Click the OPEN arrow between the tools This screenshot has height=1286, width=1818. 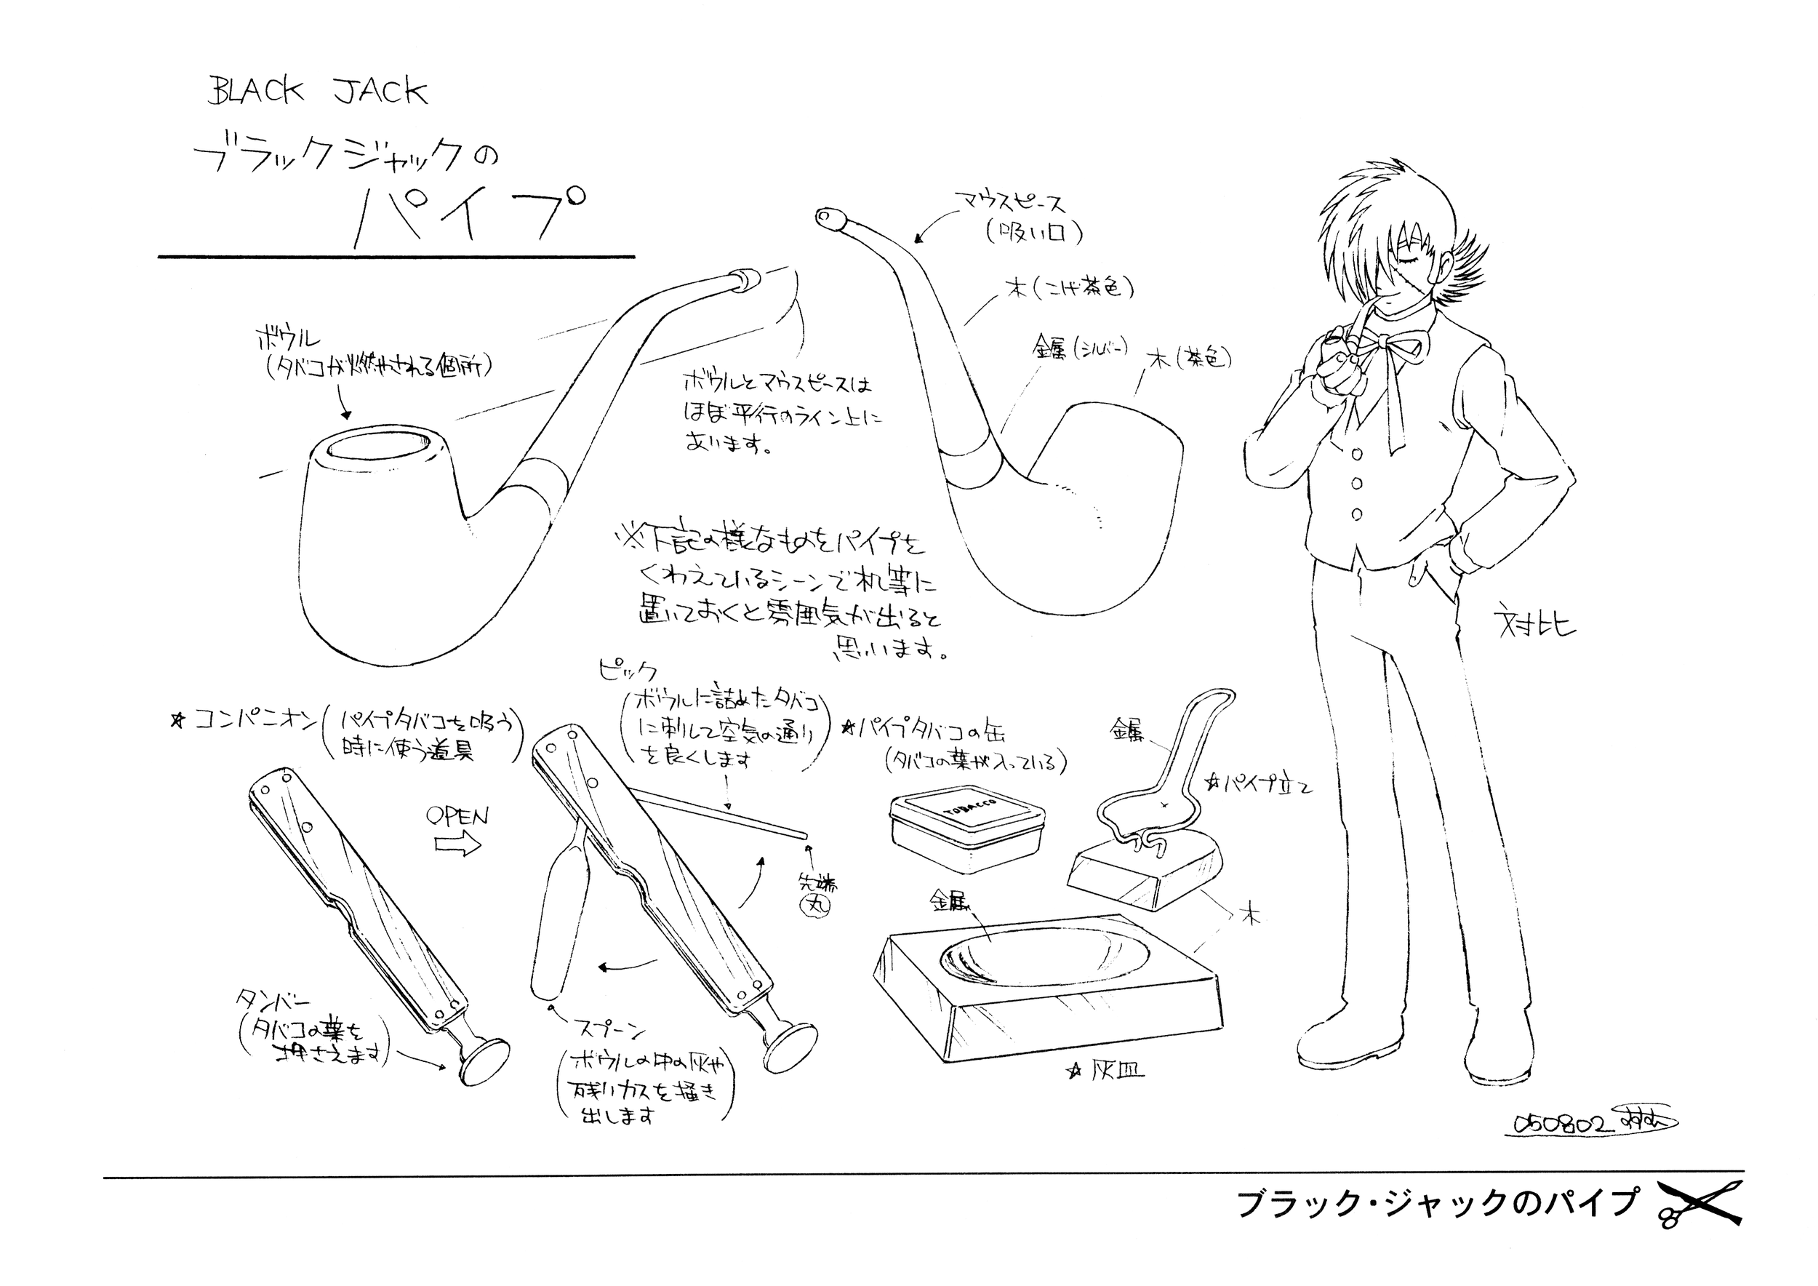click(x=458, y=845)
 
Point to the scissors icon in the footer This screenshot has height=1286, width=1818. click(x=1702, y=1204)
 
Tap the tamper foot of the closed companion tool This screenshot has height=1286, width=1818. click(x=484, y=1061)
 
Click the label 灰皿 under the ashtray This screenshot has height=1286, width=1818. click(x=1116, y=1072)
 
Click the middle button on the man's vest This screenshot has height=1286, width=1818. click(x=1356, y=483)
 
